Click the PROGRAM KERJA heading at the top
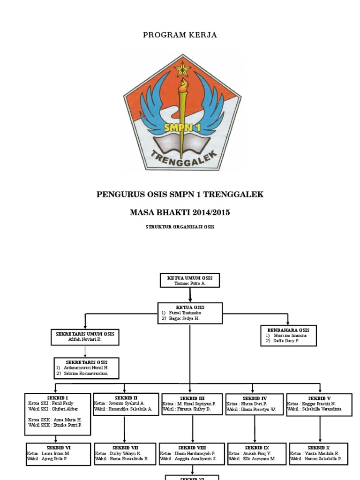tap(180, 35)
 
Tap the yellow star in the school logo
tap(182, 70)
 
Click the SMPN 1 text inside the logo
tap(182, 127)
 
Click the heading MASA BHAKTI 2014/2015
tap(180, 212)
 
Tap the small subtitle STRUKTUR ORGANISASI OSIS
tap(180, 227)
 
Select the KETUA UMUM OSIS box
tap(190, 280)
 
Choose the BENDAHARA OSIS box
tap(288, 336)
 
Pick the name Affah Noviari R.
tap(85, 339)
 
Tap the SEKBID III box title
tap(192, 398)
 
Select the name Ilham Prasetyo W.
tap(259, 409)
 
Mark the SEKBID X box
tap(319, 453)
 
